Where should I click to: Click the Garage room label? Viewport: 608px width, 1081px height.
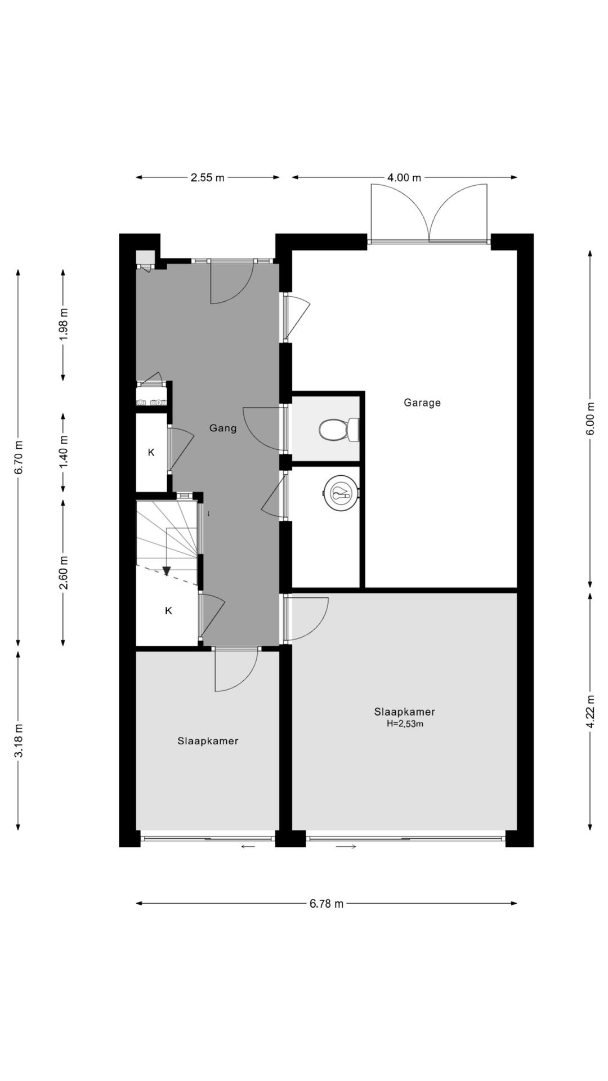point(422,403)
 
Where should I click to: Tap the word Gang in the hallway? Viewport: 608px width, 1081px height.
point(223,428)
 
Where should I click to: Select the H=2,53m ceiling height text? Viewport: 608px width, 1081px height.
point(405,724)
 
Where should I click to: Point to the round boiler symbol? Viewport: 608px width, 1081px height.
point(341,494)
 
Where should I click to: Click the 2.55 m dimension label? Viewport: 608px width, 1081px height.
point(207,178)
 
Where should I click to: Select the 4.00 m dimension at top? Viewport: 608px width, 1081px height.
point(404,178)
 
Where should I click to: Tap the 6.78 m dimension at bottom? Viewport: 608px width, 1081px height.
point(326,904)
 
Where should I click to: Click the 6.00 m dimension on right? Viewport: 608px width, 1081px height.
point(590,419)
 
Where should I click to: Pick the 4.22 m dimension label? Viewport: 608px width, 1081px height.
point(590,712)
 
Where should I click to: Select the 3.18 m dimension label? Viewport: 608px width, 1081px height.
point(18,741)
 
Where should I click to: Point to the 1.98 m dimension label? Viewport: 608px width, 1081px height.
point(63,323)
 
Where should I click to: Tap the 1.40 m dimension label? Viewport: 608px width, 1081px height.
point(63,453)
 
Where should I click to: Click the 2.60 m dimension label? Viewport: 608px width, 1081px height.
point(63,572)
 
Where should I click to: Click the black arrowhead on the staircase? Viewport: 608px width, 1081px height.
point(167,571)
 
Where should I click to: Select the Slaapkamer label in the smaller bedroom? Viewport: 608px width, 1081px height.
point(208,741)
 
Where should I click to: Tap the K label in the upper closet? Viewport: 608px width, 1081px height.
point(151,452)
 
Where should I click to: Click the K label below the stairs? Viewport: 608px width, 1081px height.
point(168,610)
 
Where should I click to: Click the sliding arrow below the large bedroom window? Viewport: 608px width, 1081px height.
point(346,846)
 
